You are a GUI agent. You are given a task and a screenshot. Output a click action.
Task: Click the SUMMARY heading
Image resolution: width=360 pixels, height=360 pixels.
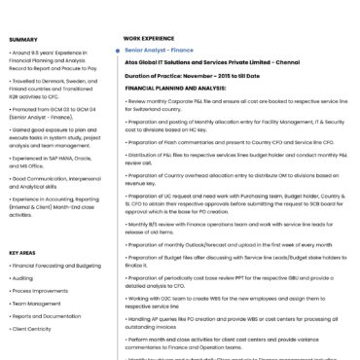click(23, 39)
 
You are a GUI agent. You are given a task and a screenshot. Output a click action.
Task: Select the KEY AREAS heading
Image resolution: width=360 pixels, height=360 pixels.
click(22, 252)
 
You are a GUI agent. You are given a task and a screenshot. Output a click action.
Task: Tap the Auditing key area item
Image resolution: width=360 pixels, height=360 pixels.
click(22, 277)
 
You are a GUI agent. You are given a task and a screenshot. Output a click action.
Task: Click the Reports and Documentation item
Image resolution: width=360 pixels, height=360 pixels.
click(48, 315)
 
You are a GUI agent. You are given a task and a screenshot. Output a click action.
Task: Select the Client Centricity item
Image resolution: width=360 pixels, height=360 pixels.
click(32, 328)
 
